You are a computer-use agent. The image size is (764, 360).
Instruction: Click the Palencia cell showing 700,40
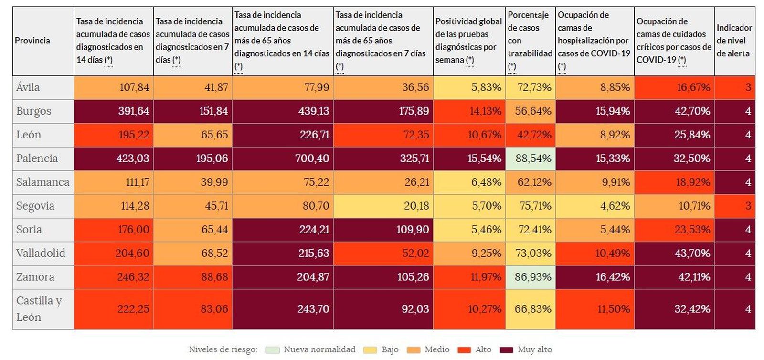(x=312, y=159)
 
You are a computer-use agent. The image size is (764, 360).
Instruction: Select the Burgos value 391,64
(x=134, y=111)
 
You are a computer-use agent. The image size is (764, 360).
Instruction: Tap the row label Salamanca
(x=42, y=182)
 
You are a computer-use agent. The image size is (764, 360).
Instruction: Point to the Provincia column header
(x=32, y=41)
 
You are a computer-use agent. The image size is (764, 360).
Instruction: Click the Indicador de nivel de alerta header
(x=734, y=41)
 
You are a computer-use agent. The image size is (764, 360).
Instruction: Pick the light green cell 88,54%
(x=533, y=159)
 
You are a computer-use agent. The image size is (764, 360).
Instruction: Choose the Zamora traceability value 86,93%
(x=533, y=277)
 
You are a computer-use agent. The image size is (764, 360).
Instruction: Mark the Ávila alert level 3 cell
(x=748, y=87)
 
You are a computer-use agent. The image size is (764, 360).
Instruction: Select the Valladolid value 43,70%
(x=692, y=253)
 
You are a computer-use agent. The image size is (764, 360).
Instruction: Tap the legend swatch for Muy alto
(x=506, y=350)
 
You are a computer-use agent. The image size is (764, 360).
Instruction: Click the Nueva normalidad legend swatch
(x=273, y=350)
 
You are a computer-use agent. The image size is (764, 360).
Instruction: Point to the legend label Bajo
(x=390, y=350)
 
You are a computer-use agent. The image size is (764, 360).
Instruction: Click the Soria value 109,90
(x=413, y=230)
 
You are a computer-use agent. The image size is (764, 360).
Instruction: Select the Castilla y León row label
(x=39, y=309)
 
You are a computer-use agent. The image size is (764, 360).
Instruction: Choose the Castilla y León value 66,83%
(x=533, y=309)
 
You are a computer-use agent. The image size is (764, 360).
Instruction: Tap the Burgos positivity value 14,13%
(x=485, y=111)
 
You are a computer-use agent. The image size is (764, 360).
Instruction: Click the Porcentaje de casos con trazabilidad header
(x=530, y=41)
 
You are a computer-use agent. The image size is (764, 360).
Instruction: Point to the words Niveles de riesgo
(x=223, y=350)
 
